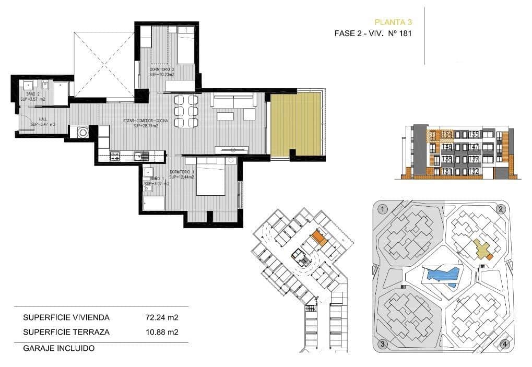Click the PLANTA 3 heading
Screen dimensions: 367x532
(x=394, y=22)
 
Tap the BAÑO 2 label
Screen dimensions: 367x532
(x=32, y=96)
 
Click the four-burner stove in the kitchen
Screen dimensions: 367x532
(x=116, y=155)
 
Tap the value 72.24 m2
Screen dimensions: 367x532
(x=162, y=317)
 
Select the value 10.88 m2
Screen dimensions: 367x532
(x=162, y=332)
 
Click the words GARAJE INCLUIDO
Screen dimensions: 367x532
(x=58, y=348)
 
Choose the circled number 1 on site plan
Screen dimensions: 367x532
(x=383, y=209)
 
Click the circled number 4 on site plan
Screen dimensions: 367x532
(x=504, y=344)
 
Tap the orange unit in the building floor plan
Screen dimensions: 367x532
(x=320, y=239)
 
